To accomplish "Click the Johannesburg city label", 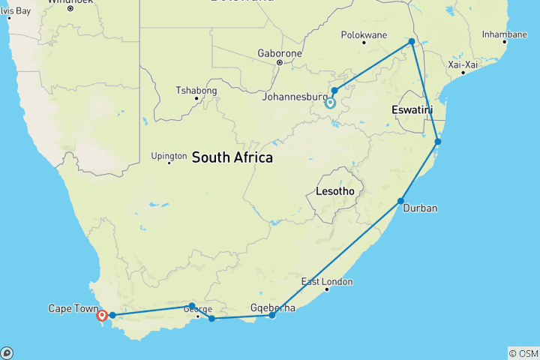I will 292,96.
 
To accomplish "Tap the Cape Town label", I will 73,308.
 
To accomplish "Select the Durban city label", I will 420,208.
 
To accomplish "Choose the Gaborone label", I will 279,53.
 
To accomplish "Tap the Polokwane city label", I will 364,34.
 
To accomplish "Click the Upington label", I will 169,156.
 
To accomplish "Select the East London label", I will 326,282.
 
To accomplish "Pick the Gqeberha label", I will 272,307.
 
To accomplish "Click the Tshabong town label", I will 196,90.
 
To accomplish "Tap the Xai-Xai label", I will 463,64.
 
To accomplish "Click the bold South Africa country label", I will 232,157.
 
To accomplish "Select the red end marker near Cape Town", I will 102,316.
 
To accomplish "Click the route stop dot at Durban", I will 401,201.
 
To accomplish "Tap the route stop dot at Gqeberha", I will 271,316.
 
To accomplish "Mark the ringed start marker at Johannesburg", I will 330,103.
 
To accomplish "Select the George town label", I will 198,309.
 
